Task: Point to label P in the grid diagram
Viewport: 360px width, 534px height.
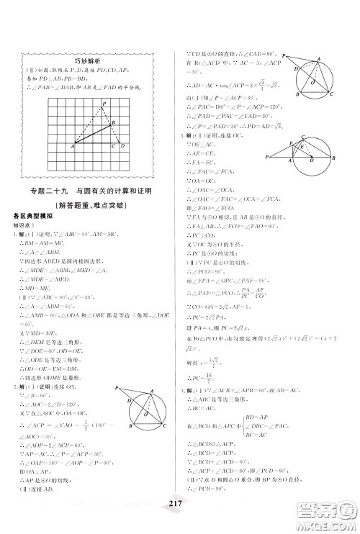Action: click(104, 104)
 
